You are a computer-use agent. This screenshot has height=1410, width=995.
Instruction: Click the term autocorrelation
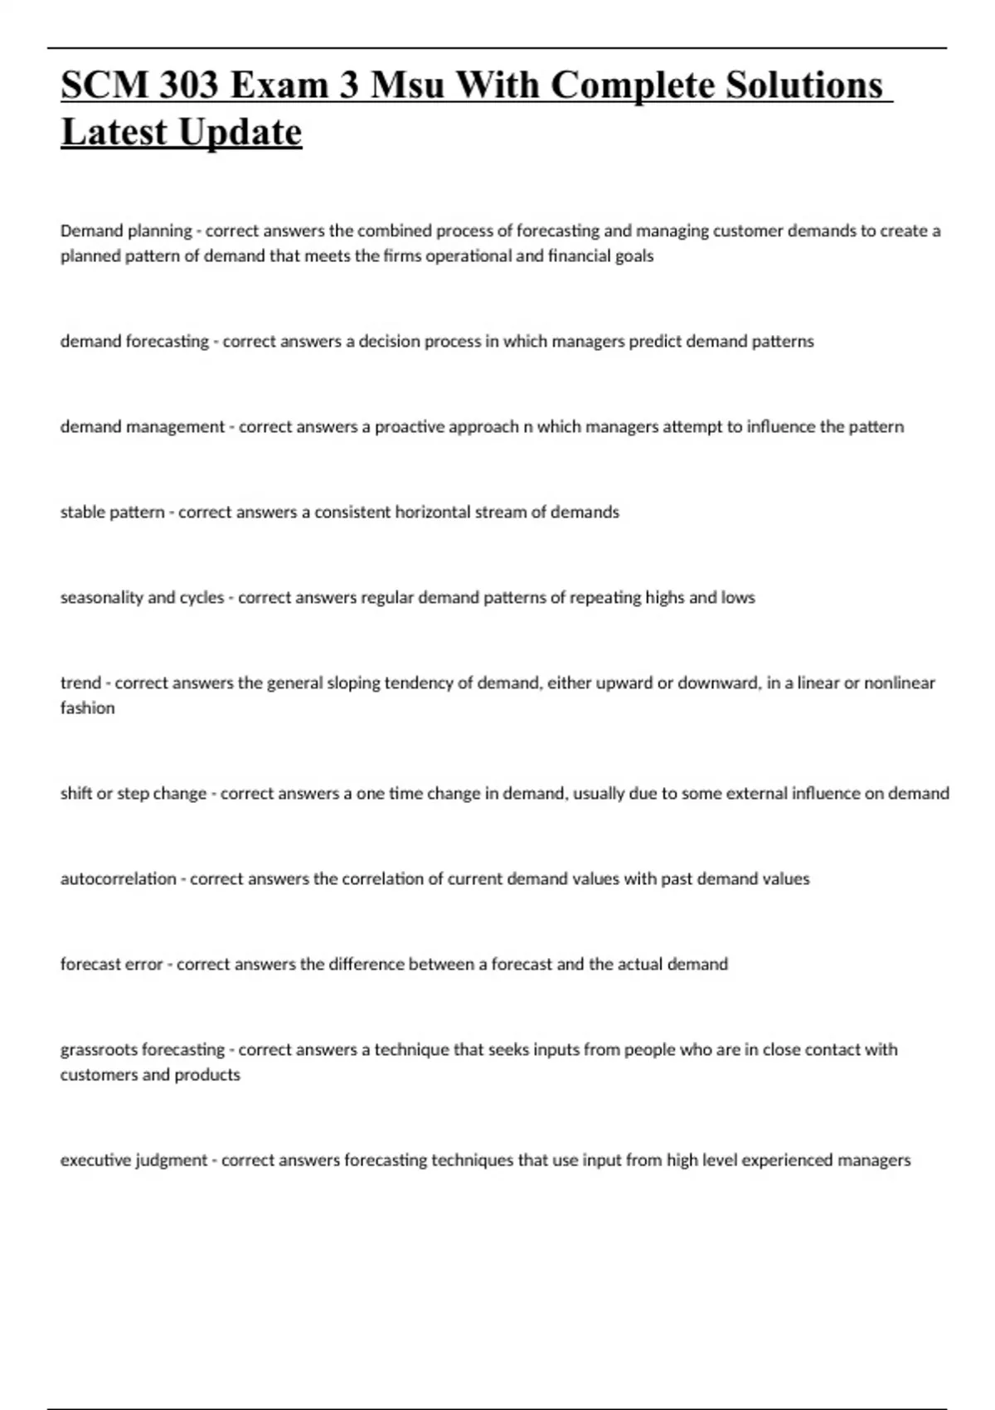coord(118,878)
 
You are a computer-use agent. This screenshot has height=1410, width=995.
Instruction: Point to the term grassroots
coord(99,1049)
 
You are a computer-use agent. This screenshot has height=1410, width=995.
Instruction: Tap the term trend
coord(80,683)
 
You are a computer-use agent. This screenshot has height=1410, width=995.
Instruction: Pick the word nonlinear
coord(900,683)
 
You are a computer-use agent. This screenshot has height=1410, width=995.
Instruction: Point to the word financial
coord(578,255)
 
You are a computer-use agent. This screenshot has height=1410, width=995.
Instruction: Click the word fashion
coord(87,707)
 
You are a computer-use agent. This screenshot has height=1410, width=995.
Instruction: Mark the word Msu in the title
coord(407,85)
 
